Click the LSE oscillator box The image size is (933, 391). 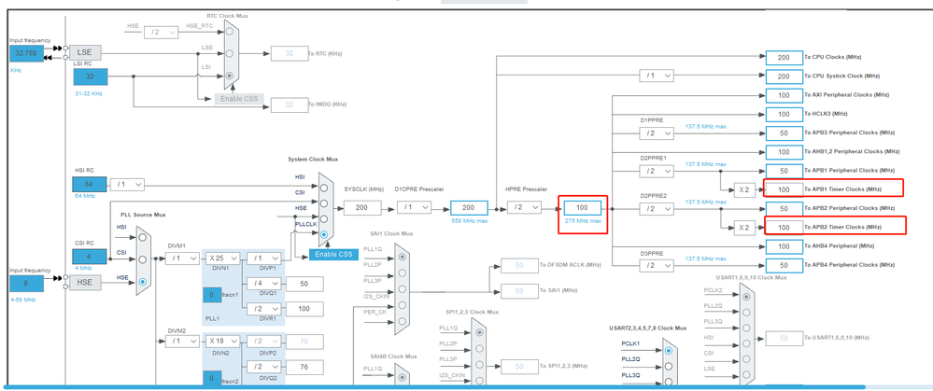[83, 53]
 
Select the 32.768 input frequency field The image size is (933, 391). [26, 53]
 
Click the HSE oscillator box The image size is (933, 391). [83, 282]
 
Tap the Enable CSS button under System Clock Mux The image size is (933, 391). [333, 254]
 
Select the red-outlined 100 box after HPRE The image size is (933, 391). [581, 207]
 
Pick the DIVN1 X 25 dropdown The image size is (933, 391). [224, 258]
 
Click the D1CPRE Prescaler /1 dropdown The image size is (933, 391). [414, 207]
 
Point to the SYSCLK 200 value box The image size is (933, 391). [361, 207]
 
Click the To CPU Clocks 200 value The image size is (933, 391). [783, 57]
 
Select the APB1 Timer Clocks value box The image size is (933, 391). [783, 189]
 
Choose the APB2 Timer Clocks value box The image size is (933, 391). [783, 227]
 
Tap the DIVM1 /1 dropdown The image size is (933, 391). [181, 258]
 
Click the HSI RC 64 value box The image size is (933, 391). [90, 185]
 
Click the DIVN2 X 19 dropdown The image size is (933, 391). [224, 342]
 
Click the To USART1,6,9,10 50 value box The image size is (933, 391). [783, 339]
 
